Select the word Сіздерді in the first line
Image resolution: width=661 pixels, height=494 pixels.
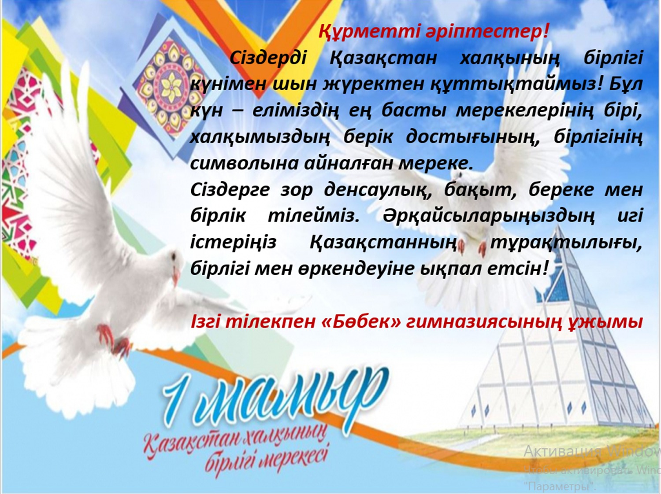(268, 58)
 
